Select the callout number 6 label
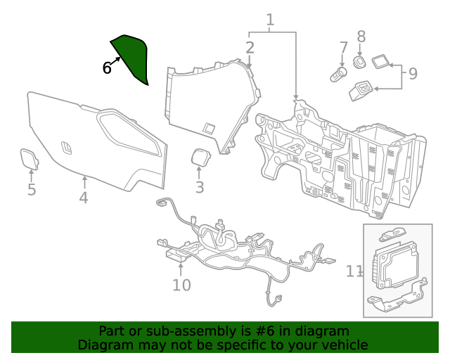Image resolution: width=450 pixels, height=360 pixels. point(107,68)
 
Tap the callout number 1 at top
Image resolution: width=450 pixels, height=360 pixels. point(270,20)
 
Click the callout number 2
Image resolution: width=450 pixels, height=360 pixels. point(250,48)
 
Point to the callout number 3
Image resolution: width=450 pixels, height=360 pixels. point(200,187)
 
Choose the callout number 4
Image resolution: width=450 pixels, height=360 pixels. point(84,198)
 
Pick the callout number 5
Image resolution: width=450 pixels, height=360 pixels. point(32,190)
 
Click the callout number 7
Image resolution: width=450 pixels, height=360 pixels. point(344,48)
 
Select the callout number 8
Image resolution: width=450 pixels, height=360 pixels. point(361,37)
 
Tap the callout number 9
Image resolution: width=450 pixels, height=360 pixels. point(413,72)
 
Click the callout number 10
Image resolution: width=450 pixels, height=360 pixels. point(181,285)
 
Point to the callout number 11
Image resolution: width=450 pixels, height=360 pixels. point(354,271)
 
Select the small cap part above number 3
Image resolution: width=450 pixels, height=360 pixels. point(200,157)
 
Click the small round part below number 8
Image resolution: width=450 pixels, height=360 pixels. point(359,63)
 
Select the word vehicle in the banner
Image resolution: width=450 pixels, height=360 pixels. point(343,345)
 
